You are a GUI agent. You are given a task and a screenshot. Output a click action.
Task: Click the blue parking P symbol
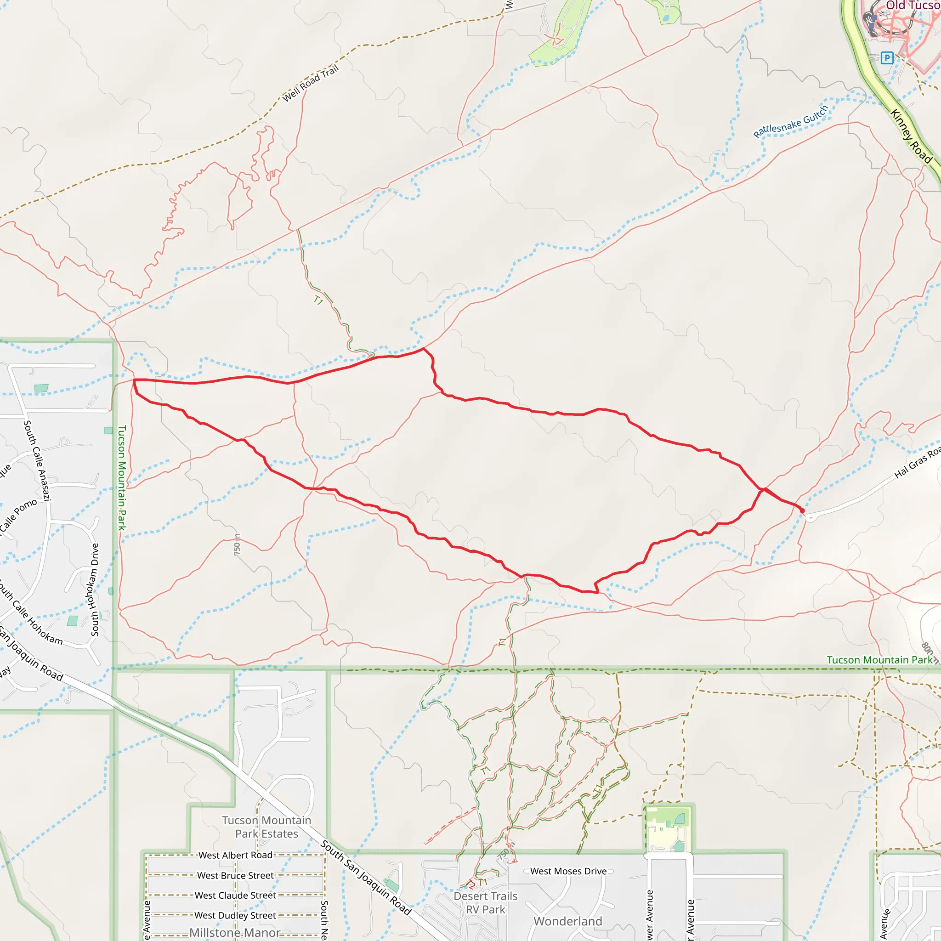pyautogui.click(x=887, y=58)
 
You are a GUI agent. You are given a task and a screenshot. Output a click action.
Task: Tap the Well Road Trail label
pyautogui.click(x=310, y=84)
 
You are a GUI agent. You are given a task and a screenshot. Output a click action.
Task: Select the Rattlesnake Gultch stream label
pyautogui.click(x=790, y=122)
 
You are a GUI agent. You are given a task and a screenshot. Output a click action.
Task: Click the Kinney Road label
pyautogui.click(x=911, y=136)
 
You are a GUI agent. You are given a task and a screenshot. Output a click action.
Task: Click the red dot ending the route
pyautogui.click(x=802, y=510)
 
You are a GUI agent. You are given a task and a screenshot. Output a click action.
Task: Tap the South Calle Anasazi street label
pyautogui.click(x=37, y=460)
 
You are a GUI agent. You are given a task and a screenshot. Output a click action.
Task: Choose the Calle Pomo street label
pyautogui.click(x=18, y=514)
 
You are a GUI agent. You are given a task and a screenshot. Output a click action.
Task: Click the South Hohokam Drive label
pyautogui.click(x=95, y=590)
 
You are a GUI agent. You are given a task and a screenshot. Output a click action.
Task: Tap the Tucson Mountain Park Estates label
pyautogui.click(x=266, y=827)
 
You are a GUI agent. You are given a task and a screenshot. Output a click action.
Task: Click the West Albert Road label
pyautogui.click(x=235, y=855)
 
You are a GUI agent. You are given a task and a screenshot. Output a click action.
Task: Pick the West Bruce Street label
pyautogui.click(x=235, y=875)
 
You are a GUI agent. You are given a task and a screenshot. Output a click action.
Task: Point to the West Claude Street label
pyautogui.click(x=235, y=895)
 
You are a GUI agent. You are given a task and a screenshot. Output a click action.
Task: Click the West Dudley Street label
pyautogui.click(x=235, y=915)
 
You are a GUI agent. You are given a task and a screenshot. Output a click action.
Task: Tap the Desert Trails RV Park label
pyautogui.click(x=485, y=902)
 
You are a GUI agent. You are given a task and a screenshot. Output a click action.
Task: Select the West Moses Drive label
pyautogui.click(x=568, y=871)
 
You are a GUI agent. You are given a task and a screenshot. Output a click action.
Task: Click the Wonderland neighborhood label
pyautogui.click(x=568, y=921)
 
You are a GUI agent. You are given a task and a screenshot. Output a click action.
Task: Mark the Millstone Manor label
pyautogui.click(x=235, y=932)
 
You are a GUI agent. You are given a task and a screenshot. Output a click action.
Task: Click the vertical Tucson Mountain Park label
pyautogui.click(x=122, y=477)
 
